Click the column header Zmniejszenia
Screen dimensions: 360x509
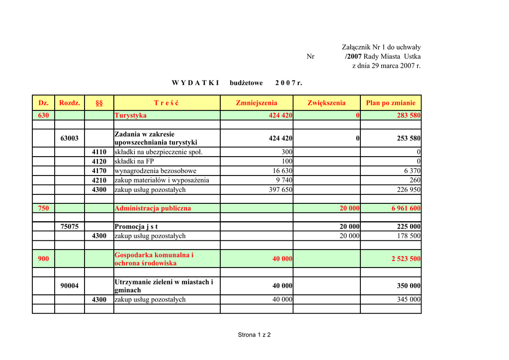pos(256,103)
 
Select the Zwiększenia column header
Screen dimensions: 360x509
pos(326,103)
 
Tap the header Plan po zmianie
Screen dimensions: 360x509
pos(391,103)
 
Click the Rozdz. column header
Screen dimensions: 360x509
pos(70,103)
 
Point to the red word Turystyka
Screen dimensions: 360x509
pos(131,115)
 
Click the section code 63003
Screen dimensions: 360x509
pos(70,138)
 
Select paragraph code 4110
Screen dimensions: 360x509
pos(99,152)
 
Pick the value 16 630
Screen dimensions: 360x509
pos(282,171)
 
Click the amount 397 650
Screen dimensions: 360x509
pos(281,190)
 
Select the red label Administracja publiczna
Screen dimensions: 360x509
pos(153,208)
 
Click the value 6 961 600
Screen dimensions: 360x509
pos(406,208)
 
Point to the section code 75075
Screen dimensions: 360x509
pos(70,227)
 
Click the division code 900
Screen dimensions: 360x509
pos(44,259)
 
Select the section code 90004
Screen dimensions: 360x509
pos(70,286)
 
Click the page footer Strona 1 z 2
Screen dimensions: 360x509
pos(254,335)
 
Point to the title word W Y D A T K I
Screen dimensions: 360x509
pos(195,83)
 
